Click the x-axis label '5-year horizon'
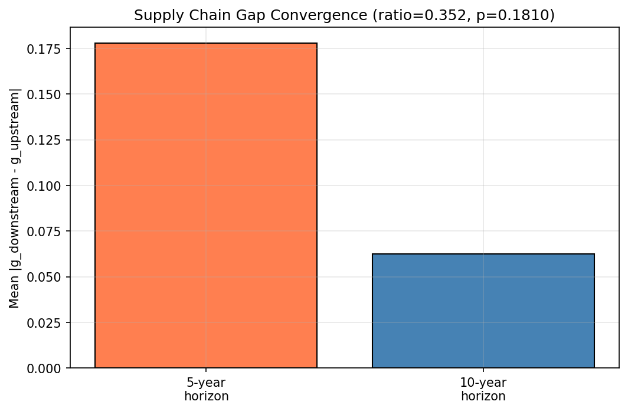point(206,390)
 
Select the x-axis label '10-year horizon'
point(483,390)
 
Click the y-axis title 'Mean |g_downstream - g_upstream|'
point(15,198)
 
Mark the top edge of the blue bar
point(483,255)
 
